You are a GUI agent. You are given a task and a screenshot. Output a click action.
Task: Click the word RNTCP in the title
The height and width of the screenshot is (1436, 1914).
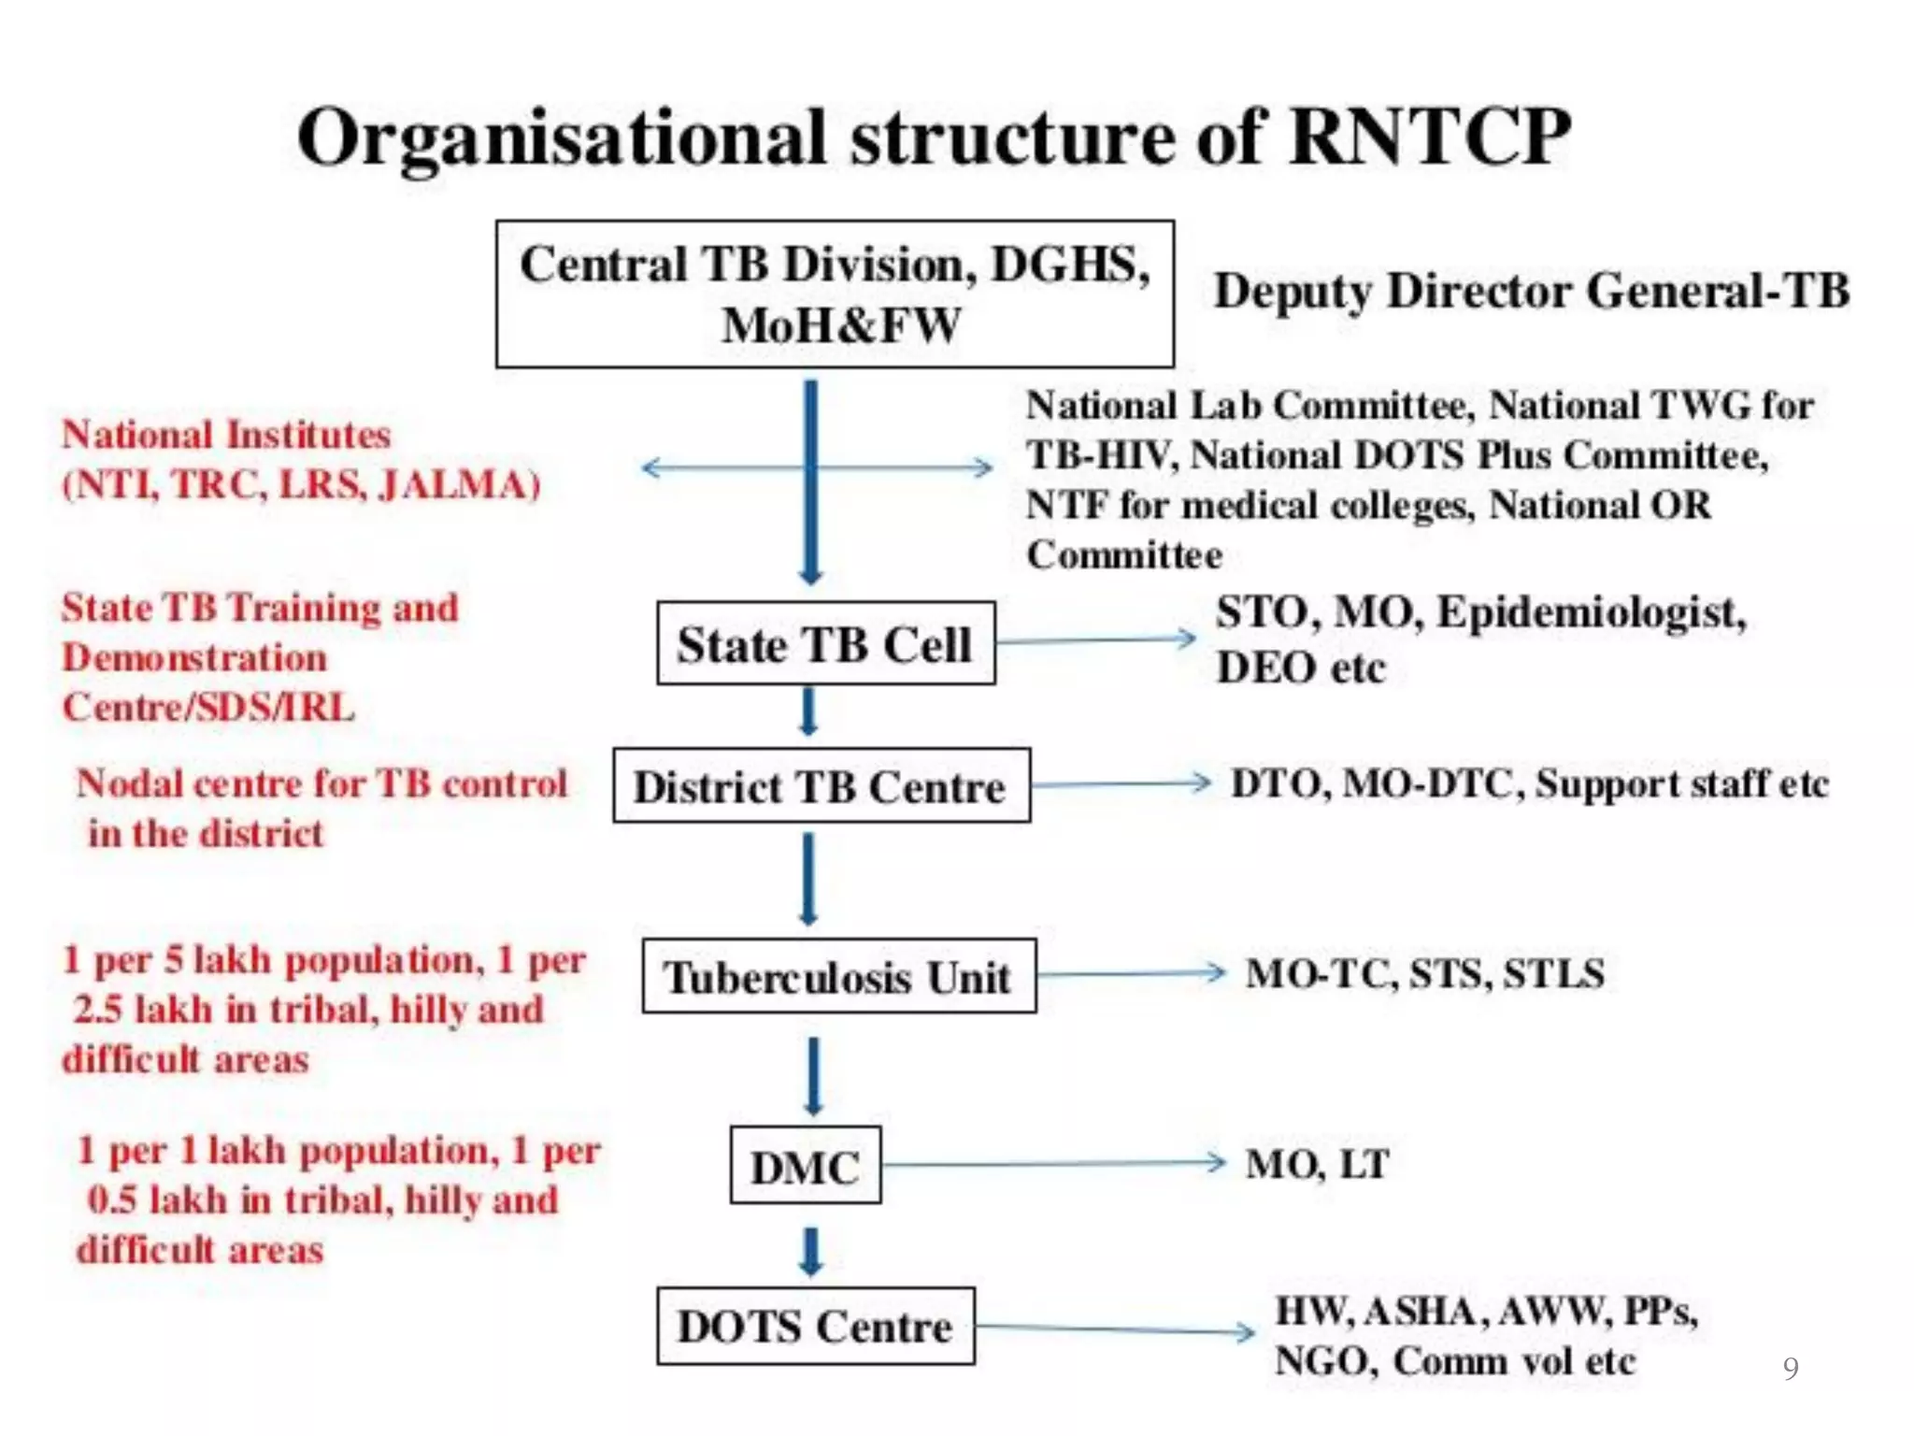tap(1429, 137)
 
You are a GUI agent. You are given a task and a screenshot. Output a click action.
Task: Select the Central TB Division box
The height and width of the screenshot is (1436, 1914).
tap(835, 294)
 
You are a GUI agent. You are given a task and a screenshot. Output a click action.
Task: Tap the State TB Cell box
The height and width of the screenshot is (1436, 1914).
tap(825, 643)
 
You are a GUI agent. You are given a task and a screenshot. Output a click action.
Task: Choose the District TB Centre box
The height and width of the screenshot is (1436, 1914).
tap(821, 785)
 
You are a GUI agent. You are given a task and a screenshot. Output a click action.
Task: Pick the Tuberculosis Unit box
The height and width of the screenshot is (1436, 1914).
tap(838, 976)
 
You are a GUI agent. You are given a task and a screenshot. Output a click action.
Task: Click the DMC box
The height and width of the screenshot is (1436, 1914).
tap(805, 1166)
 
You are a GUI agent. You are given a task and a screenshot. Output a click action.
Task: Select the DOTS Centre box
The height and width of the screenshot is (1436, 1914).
tap(815, 1326)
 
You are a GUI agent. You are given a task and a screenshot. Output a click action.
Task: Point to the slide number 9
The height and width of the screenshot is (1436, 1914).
tap(1790, 1368)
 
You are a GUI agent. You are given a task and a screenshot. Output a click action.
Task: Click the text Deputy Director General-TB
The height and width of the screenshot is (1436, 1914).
tap(1531, 290)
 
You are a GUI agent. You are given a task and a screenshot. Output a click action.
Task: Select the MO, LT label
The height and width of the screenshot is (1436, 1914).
tap(1317, 1164)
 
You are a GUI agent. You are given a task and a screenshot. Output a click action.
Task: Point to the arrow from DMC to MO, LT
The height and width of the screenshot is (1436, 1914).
tap(1052, 1164)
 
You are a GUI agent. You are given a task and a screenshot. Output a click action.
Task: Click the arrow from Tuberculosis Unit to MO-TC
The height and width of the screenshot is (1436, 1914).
tap(1131, 974)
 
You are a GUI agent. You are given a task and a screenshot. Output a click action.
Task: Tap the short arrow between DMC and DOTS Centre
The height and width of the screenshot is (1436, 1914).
tap(810, 1251)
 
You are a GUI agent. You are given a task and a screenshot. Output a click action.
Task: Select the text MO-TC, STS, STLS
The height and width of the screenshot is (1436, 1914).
tap(1425, 973)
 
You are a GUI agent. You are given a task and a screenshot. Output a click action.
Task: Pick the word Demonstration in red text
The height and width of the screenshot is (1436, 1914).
tap(194, 657)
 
